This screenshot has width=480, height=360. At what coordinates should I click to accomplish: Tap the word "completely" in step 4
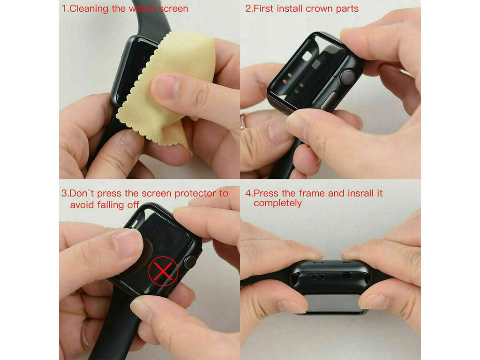click(x=277, y=203)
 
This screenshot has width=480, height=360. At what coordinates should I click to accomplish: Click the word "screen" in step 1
click(x=173, y=9)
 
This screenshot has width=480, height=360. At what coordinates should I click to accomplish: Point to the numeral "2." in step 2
click(x=249, y=8)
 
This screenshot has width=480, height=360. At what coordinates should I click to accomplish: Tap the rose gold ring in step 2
click(x=244, y=121)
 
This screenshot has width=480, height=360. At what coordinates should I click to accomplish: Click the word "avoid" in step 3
click(x=82, y=204)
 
